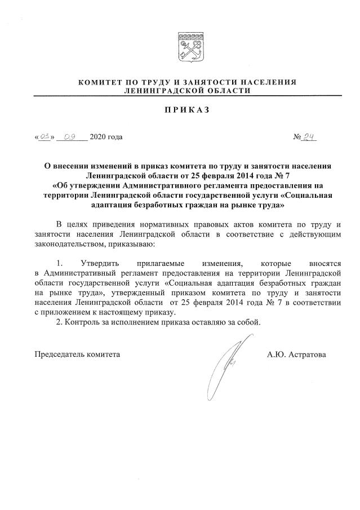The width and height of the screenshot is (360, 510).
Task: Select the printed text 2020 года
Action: tap(106, 137)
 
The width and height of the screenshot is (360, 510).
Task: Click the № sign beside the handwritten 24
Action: tap(298, 137)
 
